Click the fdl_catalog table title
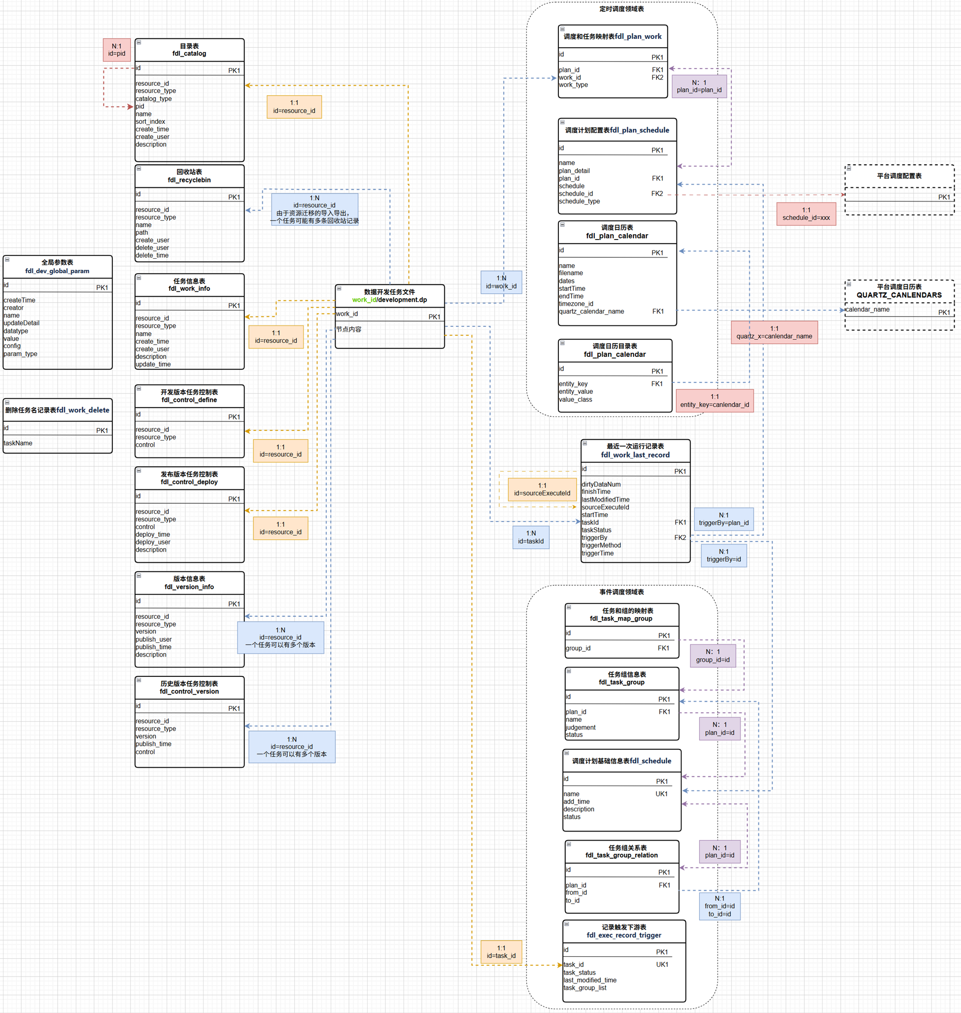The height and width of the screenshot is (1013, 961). pos(189,50)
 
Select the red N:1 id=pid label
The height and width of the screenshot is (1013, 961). pos(117,50)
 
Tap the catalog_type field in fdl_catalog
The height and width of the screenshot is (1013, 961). pos(154,99)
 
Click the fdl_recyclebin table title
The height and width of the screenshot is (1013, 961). pos(189,176)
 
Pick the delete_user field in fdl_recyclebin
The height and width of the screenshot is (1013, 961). pos(152,247)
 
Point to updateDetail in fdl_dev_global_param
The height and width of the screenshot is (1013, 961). pos(22,323)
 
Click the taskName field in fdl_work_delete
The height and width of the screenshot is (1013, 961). pos(18,443)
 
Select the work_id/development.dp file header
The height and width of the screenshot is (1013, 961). pos(389,296)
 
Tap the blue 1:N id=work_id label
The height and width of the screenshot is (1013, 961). pos(501,282)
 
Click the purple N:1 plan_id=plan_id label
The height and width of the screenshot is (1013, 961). pos(699,86)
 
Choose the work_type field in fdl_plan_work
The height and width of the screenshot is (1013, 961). pos(573,85)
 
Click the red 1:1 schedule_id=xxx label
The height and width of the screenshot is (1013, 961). pos(806,213)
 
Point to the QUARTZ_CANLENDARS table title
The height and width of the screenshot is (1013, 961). pos(899,291)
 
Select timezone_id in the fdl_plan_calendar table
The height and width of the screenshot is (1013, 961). pos(576,303)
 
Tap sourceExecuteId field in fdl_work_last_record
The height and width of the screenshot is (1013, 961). pos(605,507)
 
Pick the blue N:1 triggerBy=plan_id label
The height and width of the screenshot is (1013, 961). pos(723,519)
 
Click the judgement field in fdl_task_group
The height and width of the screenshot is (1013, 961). pos(581,727)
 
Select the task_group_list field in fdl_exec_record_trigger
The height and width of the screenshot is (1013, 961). pos(584,987)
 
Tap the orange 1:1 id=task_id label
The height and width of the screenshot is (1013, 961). pos(501,951)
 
